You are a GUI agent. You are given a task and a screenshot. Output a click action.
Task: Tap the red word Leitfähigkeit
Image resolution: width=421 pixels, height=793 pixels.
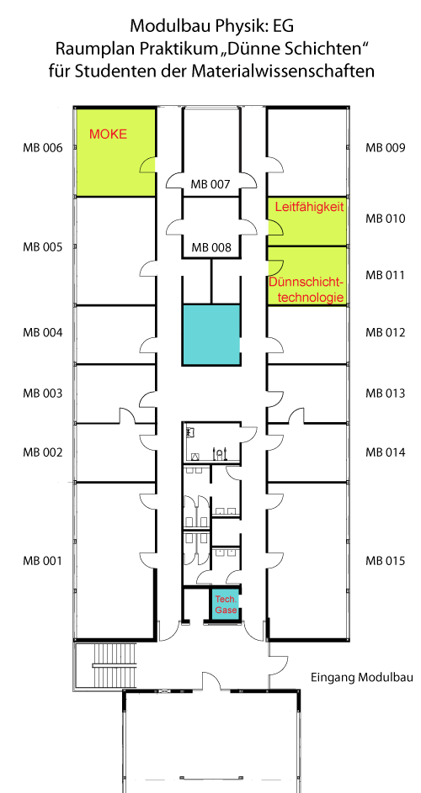click(x=308, y=205)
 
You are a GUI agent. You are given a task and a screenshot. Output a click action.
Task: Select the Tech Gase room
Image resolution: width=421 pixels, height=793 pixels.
click(x=225, y=604)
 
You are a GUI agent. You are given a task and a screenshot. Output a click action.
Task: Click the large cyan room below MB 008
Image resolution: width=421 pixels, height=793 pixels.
click(x=211, y=335)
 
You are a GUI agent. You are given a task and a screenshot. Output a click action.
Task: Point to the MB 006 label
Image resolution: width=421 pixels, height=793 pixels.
click(x=42, y=148)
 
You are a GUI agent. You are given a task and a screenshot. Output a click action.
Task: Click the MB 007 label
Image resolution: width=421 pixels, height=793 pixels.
click(x=210, y=184)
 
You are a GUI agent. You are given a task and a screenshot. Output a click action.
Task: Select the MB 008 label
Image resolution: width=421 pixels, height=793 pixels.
click(x=210, y=247)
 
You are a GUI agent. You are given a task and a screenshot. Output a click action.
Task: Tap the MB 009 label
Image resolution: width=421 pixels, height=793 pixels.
click(x=386, y=148)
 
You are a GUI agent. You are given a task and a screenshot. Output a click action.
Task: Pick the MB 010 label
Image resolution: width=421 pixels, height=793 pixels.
click(x=386, y=219)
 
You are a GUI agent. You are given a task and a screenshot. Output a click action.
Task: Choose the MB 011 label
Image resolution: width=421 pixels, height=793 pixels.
click(x=386, y=275)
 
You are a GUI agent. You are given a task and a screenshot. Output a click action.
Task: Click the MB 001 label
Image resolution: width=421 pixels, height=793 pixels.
click(x=42, y=561)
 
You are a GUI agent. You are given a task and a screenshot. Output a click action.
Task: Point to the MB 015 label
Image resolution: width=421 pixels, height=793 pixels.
click(x=386, y=561)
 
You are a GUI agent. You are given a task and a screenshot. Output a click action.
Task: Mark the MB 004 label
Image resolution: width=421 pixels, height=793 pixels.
click(x=42, y=332)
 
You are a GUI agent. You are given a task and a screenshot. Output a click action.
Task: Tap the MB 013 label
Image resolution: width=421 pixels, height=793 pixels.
click(x=386, y=393)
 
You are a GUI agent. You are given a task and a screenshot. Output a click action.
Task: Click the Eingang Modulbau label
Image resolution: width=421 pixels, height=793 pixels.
click(x=355, y=677)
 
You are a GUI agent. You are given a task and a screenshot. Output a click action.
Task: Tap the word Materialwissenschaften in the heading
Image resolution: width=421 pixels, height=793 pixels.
click(x=293, y=71)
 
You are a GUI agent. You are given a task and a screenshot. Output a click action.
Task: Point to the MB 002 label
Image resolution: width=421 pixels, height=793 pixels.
click(x=42, y=452)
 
